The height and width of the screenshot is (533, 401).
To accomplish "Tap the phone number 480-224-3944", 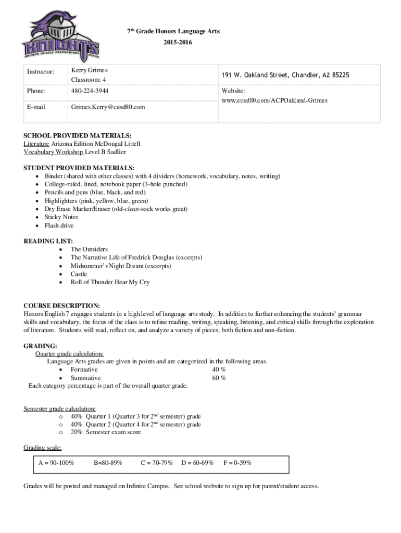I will [x=90, y=91].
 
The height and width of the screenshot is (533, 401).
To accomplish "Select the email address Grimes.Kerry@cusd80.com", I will [x=108, y=107].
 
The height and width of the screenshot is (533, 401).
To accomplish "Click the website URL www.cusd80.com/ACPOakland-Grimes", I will [x=274, y=100].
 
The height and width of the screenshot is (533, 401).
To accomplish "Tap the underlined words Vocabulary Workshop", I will [x=54, y=152].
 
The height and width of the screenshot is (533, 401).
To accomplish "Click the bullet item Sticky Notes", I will [x=61, y=217].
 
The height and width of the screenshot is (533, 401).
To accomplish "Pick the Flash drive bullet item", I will [x=59, y=225].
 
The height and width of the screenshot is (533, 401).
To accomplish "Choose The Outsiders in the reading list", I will [x=89, y=249].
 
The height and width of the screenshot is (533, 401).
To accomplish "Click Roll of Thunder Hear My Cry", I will [x=110, y=282].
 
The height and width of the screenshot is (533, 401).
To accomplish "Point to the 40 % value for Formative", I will [x=219, y=370].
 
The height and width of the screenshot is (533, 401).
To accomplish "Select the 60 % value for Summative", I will [x=219, y=378].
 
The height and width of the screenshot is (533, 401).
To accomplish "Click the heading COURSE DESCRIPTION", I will [x=62, y=306].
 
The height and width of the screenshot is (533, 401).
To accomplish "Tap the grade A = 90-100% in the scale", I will [x=56, y=462].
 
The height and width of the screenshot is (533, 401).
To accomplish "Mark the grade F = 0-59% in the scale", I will [x=237, y=462].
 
